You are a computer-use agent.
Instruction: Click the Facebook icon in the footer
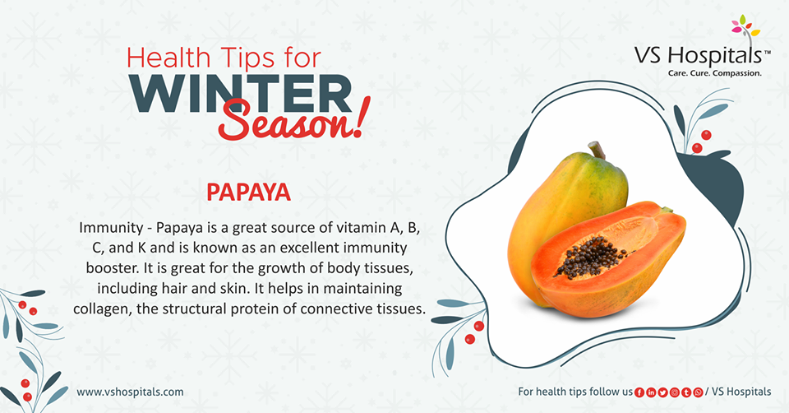(x=639, y=392)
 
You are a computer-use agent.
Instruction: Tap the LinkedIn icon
(x=651, y=392)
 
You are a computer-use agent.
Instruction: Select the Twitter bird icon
(x=662, y=392)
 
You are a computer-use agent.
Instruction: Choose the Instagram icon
(x=674, y=392)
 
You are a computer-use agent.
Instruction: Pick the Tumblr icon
(x=686, y=392)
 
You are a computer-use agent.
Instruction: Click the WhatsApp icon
(x=698, y=392)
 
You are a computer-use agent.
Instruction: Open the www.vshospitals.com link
(x=131, y=392)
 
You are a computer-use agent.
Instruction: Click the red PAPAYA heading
(x=248, y=192)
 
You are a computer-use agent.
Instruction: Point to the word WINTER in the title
(x=241, y=94)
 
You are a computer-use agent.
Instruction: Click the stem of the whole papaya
(x=597, y=150)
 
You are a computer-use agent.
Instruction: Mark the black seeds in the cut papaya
(x=592, y=258)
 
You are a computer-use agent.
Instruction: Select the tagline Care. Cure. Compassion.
(x=714, y=73)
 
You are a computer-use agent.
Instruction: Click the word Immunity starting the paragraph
(x=111, y=228)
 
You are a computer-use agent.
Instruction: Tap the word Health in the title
(x=168, y=58)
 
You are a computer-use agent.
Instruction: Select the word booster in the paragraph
(x=113, y=268)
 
